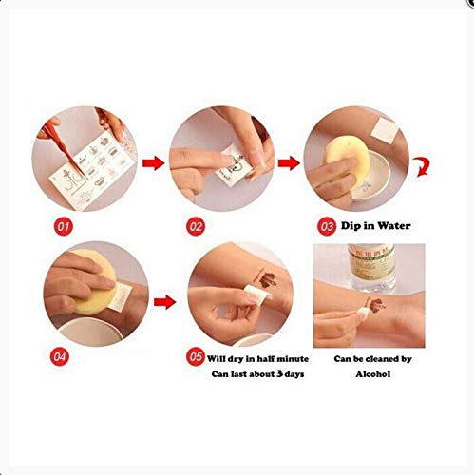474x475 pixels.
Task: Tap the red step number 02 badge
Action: (x=194, y=229)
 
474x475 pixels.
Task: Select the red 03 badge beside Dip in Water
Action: (x=326, y=229)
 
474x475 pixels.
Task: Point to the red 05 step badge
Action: (x=195, y=358)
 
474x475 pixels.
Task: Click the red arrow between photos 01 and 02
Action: (x=150, y=164)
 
